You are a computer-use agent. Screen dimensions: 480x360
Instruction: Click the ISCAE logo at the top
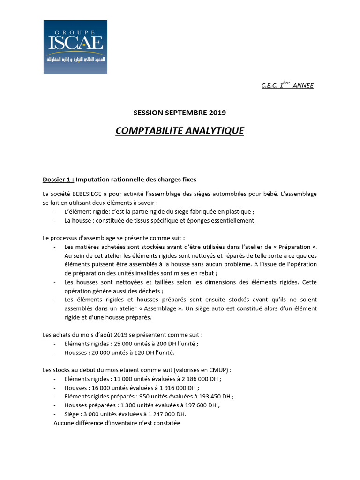click(75, 46)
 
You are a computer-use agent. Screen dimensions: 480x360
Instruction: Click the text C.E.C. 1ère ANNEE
click(287, 85)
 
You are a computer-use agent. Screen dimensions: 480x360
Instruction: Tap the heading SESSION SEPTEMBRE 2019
click(180, 112)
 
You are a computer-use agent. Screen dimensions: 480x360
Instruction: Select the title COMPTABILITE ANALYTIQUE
click(180, 130)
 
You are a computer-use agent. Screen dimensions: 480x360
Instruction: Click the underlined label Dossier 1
click(58, 179)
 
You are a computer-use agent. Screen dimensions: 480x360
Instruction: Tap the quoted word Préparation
click(292, 247)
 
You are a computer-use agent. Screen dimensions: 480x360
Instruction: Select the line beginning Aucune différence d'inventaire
click(117, 423)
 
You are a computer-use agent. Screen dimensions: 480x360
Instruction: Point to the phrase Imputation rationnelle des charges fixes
click(136, 179)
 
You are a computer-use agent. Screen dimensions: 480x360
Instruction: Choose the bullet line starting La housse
click(160, 220)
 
